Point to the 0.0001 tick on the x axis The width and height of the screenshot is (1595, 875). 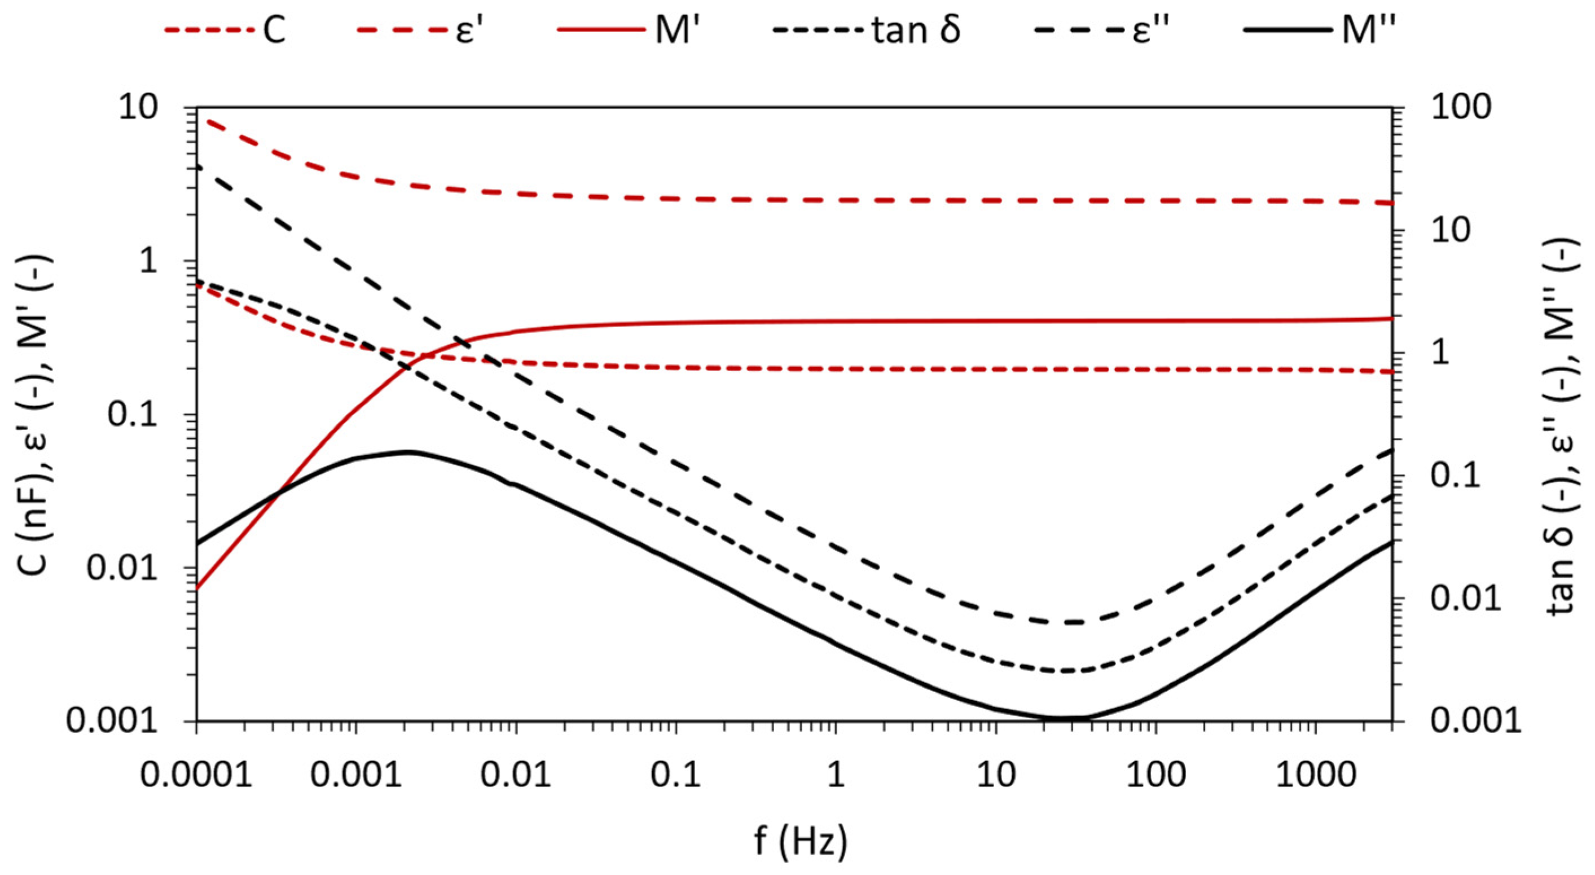coord(196,775)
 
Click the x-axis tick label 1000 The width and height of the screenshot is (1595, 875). coord(1315,775)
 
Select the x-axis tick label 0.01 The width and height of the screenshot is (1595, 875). coord(516,775)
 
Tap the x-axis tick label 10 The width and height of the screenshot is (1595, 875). coord(996,775)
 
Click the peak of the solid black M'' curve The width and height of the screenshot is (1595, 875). coord(408,452)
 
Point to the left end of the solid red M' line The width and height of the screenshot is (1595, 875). coord(197,588)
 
